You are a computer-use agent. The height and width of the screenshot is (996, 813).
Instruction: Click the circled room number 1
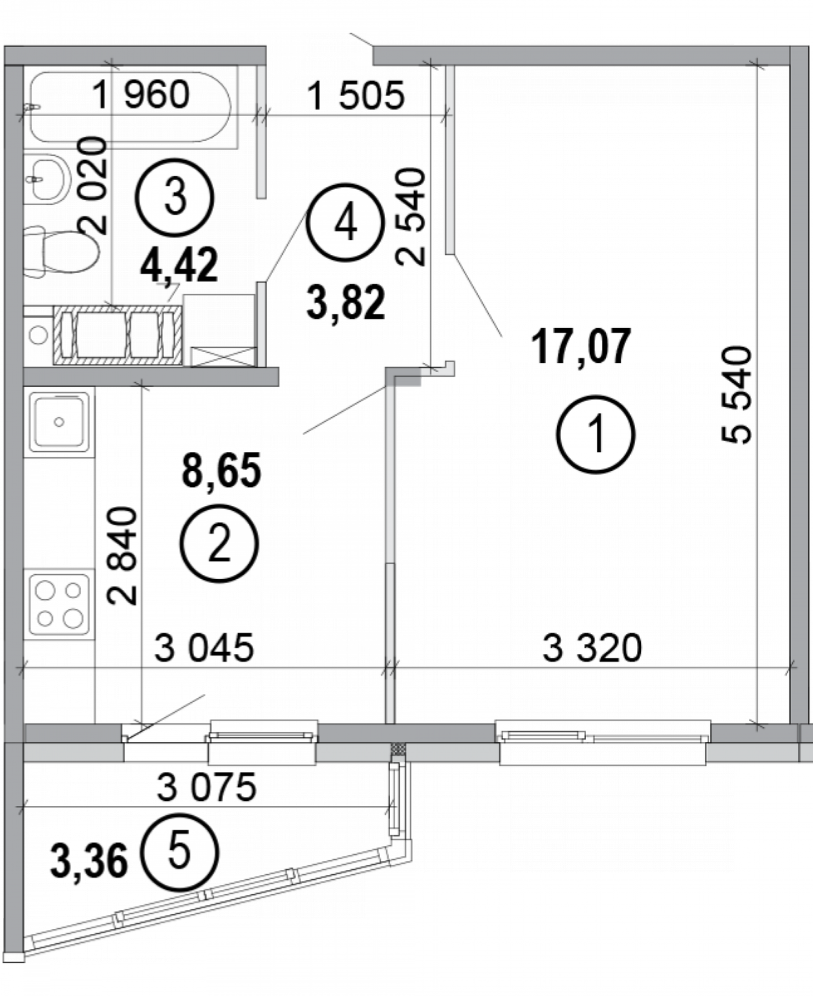pos(596,434)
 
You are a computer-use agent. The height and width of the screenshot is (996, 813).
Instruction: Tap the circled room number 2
pos(219,543)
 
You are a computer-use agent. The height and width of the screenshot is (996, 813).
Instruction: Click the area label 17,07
pos(581,346)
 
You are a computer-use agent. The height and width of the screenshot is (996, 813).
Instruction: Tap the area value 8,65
pos(221,470)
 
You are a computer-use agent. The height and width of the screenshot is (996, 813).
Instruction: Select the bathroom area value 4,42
pos(179,265)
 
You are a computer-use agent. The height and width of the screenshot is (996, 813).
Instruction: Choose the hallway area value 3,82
pos(346,302)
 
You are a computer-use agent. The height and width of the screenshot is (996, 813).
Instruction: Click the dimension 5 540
pos(736,395)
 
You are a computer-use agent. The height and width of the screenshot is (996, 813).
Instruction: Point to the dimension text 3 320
pos(592,648)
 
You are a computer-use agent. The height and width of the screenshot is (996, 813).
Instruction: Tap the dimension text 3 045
pos(204,648)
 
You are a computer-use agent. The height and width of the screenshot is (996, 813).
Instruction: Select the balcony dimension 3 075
pos(206,787)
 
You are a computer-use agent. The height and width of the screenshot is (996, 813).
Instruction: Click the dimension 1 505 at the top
pos(356,95)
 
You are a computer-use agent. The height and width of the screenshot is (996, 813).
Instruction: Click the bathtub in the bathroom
pos(130,107)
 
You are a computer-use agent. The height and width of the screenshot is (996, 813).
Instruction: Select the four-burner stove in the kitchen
pos(59,605)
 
